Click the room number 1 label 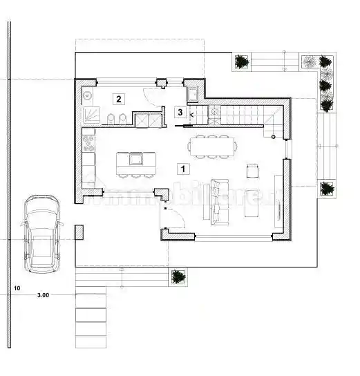[182, 168]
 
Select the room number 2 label [119, 99]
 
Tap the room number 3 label [180, 111]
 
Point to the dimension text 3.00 [43, 295]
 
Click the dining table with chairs [211, 146]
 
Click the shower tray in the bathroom [91, 115]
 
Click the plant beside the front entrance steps [178, 276]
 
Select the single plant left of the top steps [242, 62]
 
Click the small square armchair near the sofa [252, 170]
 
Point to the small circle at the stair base [274, 138]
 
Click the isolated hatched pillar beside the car [79, 232]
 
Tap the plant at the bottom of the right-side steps [327, 188]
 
